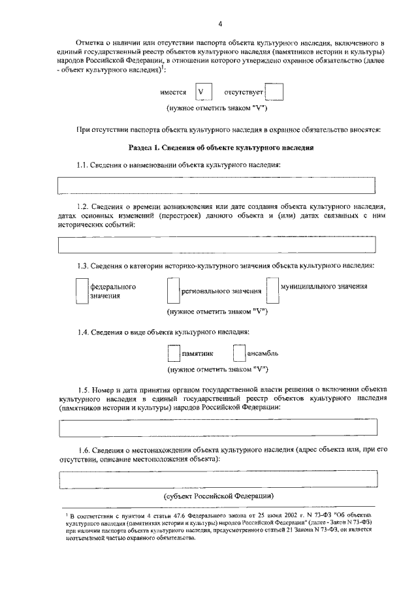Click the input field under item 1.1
coord(217,185)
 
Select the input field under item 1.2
coord(217,245)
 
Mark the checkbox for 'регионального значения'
coord(172,291)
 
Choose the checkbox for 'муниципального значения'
coord(272,291)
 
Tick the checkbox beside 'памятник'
coord(173,353)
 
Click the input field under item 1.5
coord(218,427)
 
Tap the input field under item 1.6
coord(218,480)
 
